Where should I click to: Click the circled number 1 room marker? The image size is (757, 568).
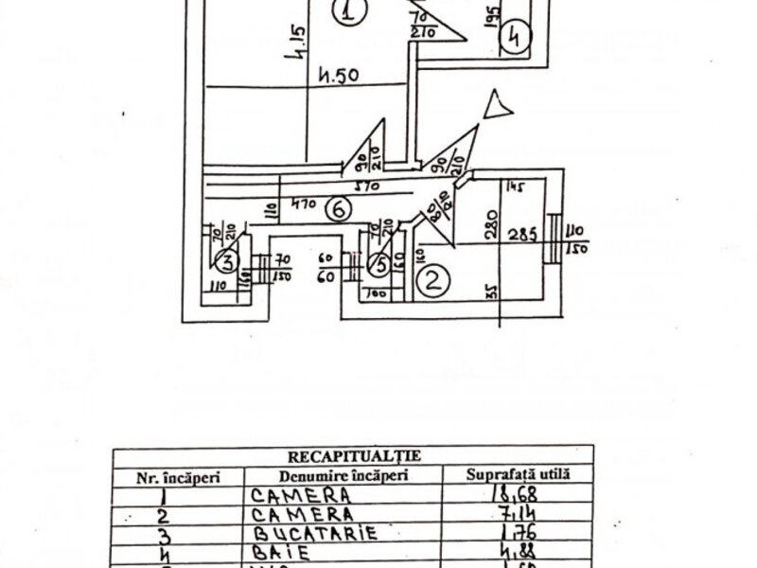click(349, 13)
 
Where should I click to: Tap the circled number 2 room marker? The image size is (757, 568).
click(431, 280)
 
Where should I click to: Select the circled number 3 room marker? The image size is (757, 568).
click(226, 261)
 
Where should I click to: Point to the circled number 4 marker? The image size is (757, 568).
click(515, 37)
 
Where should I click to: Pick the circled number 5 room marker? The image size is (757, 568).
click(378, 266)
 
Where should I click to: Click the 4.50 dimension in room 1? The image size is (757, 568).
click(338, 75)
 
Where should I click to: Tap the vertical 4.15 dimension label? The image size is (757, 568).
click(299, 44)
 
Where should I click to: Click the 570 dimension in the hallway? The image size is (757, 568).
click(357, 187)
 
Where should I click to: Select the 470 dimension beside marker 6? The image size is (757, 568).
click(304, 203)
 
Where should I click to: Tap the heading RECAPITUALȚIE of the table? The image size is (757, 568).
click(353, 455)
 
